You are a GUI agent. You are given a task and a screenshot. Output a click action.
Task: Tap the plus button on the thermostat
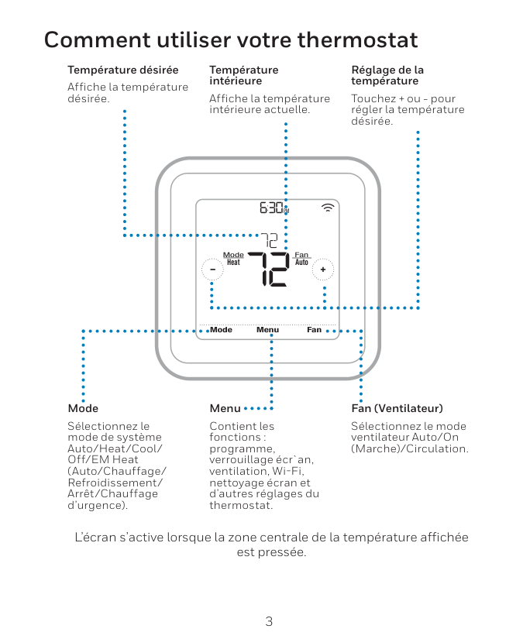[324, 269]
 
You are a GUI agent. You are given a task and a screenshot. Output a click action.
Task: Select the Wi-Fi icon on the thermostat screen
[329, 208]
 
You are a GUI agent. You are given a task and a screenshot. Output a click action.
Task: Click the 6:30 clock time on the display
[273, 208]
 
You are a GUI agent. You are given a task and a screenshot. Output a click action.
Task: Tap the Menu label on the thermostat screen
[267, 330]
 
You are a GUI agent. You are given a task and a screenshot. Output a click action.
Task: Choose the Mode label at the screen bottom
[221, 330]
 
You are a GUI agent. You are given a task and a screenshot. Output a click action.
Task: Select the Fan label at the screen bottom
[314, 330]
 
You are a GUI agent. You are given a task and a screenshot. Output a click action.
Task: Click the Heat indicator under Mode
[233, 263]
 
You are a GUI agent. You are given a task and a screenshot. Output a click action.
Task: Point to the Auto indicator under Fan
[301, 263]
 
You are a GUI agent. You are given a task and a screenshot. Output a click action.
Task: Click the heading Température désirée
[122, 70]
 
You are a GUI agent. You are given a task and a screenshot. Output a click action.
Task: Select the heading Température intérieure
[243, 75]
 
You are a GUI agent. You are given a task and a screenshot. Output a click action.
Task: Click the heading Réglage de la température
[387, 75]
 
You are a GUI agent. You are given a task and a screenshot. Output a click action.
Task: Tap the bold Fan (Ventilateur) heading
[397, 408]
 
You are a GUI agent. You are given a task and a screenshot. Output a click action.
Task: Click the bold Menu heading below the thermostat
[225, 408]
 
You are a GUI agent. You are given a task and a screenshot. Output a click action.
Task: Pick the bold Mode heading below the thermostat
[83, 408]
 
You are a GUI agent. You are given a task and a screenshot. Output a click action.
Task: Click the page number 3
[269, 621]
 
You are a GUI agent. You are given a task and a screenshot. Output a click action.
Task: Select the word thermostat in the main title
[357, 40]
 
